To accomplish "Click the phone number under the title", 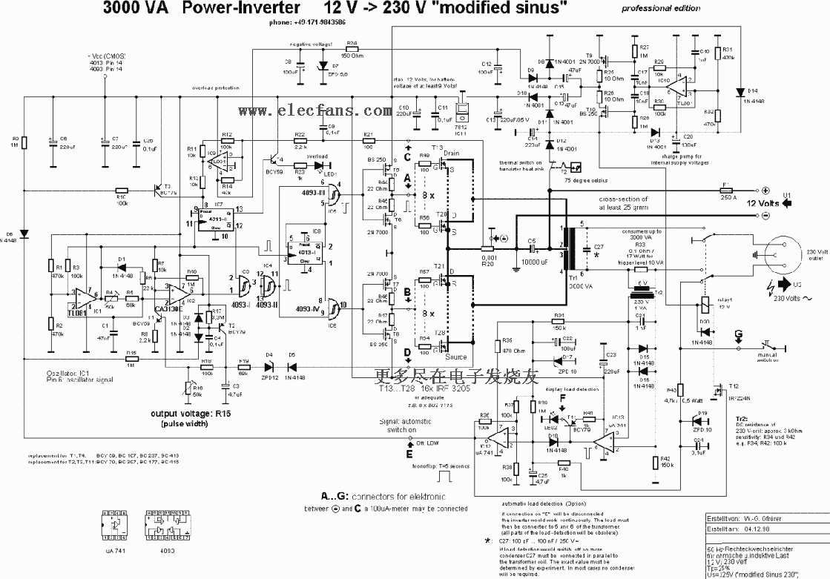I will pyautogui.click(x=308, y=22).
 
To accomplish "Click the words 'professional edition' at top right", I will pyautogui.click(x=660, y=8).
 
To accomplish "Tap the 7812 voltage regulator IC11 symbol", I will pyautogui.click(x=461, y=109).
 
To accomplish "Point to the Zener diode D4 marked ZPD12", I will pyautogui.click(x=270, y=365).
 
